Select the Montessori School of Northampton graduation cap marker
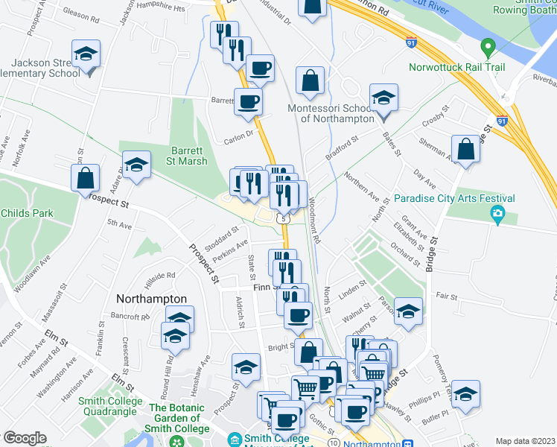[x=383, y=99]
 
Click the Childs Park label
[x=27, y=213]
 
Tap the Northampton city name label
[x=152, y=298]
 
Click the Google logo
[x=25, y=438]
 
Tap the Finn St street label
[x=264, y=287]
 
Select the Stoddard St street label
[x=220, y=236]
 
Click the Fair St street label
[x=447, y=296]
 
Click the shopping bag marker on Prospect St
[x=86, y=178]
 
